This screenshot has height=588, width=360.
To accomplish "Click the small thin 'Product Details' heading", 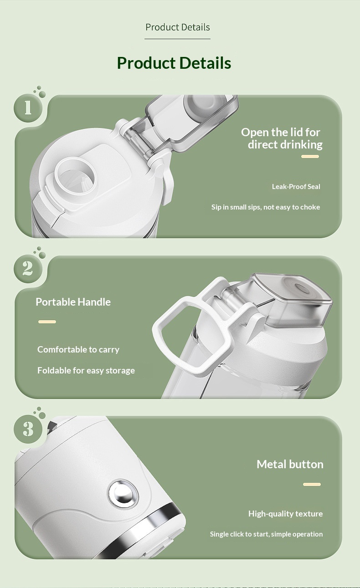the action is tap(178, 27).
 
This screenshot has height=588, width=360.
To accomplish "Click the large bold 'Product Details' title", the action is tap(174, 63).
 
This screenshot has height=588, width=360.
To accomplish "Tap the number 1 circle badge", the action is tap(28, 108).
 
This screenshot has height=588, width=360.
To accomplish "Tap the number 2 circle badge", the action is tap(28, 269).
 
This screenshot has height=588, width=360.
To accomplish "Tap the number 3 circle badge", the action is tap(28, 429).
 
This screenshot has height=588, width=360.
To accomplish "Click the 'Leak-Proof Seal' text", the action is tap(296, 187).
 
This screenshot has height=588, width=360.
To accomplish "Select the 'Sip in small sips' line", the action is tap(266, 207).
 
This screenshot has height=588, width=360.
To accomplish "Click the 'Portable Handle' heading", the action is tap(73, 302).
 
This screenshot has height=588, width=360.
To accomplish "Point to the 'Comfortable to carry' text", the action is tap(78, 349).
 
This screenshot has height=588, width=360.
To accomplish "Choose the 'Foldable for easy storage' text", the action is tap(86, 370).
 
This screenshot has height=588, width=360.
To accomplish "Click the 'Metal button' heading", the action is tap(290, 465).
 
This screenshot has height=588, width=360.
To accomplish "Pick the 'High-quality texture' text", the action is tap(285, 513).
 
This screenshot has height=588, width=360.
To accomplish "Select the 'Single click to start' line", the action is tap(266, 534).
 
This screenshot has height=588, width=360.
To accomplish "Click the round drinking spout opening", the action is tap(75, 176).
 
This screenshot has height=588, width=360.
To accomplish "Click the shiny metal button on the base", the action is tap(123, 494).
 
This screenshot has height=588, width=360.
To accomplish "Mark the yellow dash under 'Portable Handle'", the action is tap(47, 322).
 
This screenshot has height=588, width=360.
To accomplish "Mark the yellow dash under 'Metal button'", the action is tap(312, 484).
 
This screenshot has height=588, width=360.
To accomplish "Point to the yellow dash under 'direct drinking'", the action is tap(310, 156).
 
